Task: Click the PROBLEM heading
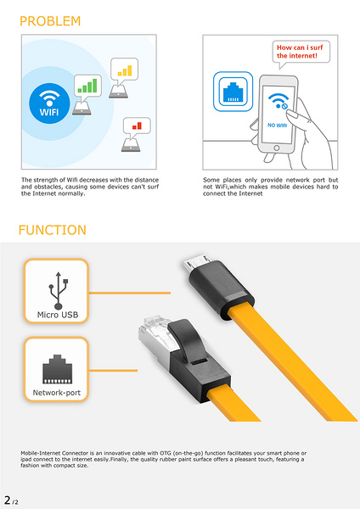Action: pos(50,21)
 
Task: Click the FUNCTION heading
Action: pos(53,230)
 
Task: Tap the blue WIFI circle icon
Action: pos(49,103)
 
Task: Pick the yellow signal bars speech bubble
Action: pos(124,70)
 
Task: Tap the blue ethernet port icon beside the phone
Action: pos(233,92)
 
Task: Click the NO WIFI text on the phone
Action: pos(277,125)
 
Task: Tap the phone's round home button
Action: pos(277,148)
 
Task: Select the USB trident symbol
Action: pos(58,290)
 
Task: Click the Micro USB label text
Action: pos(58,315)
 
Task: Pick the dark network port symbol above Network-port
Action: pos(57,369)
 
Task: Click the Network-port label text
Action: pos(57,393)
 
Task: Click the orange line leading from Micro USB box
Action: pos(130,293)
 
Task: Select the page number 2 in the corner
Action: pos(8,500)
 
